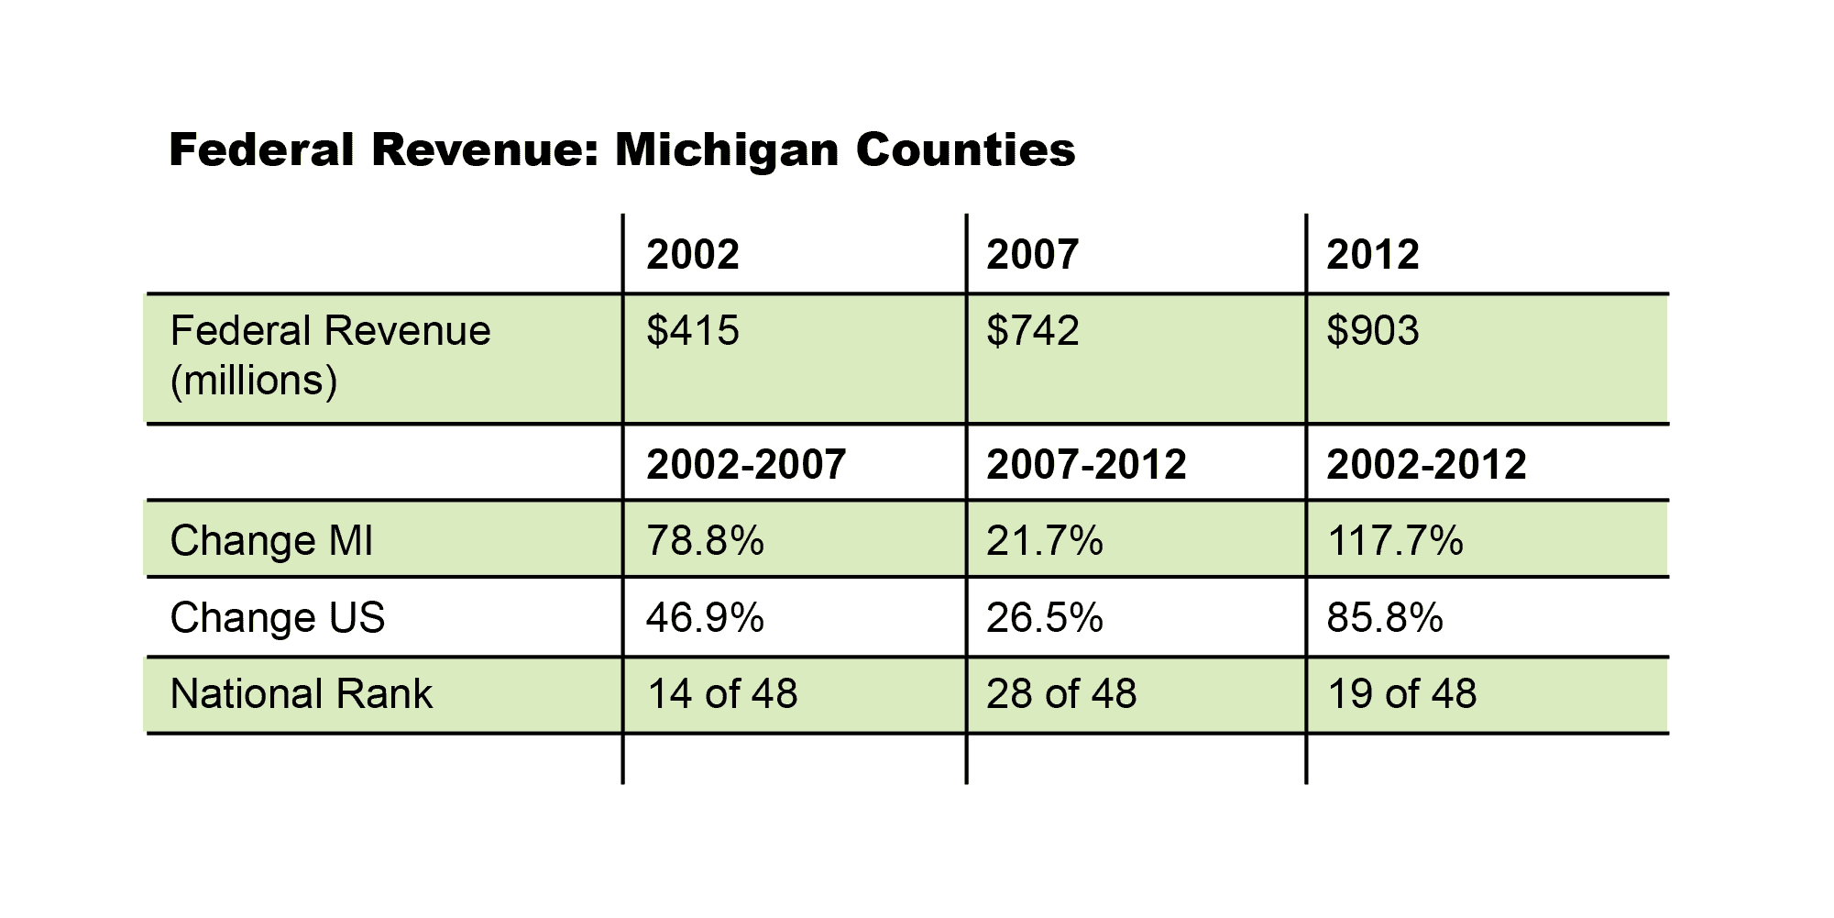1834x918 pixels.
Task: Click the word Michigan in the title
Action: (725, 150)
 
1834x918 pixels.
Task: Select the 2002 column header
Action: (692, 255)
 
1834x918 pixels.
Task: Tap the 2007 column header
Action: (1032, 255)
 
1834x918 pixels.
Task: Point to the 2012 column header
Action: (1372, 255)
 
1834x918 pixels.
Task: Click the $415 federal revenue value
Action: (692, 331)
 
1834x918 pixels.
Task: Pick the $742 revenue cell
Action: (1032, 331)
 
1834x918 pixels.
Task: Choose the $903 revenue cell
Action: (1372, 331)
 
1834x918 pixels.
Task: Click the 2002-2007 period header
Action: (746, 465)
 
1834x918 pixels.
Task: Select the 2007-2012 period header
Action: (1086, 465)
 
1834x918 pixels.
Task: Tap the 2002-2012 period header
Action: (1426, 465)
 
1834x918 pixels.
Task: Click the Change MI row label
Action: (271, 541)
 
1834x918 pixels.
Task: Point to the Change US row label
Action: (277, 618)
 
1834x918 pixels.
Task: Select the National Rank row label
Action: (301, 694)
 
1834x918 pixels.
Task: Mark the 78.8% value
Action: (705, 541)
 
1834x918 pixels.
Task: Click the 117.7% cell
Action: (1394, 541)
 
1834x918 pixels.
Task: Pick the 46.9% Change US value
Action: (705, 618)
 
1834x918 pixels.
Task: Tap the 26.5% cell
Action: (1044, 618)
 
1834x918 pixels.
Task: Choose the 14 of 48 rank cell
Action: (722, 694)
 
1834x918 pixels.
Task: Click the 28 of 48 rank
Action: (1061, 694)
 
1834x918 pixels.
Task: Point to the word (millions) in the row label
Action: (254, 381)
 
